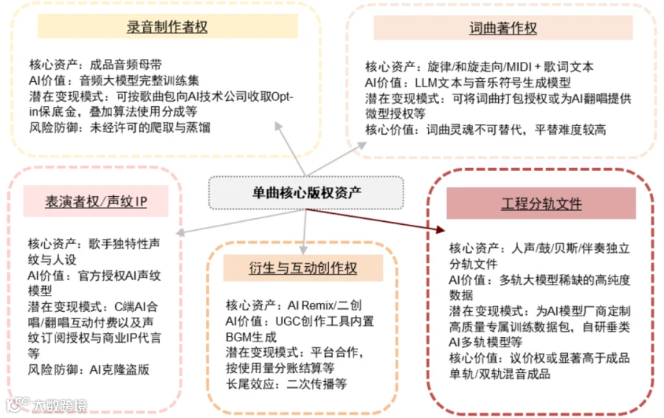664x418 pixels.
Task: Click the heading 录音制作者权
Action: point(167,27)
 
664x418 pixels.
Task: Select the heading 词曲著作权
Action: point(503,28)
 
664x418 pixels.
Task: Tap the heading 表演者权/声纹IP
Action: point(96,201)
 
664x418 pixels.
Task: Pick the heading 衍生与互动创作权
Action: point(302,268)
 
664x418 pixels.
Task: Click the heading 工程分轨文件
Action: point(542,203)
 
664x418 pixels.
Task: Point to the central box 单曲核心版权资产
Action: point(306,193)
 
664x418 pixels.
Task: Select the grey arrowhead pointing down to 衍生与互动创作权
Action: point(304,249)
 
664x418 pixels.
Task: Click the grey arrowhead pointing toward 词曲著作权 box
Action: point(362,145)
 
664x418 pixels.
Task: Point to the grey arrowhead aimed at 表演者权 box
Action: point(181,232)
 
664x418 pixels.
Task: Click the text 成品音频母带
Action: point(125,65)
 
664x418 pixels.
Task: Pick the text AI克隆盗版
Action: point(120,370)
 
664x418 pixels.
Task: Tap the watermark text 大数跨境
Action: point(60,405)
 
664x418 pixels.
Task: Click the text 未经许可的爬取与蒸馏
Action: point(151,128)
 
